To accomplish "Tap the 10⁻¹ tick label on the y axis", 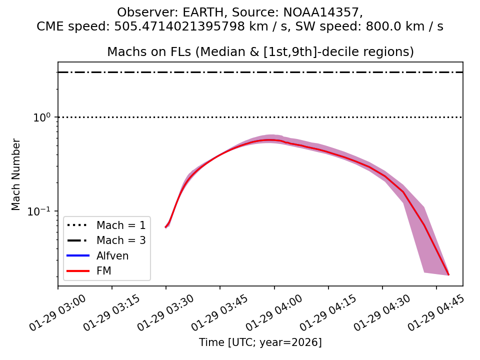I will pyautogui.click(x=42, y=210).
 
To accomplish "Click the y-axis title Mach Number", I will pyautogui.click(x=16, y=174).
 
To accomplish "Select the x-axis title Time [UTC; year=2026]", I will pyautogui.click(x=260, y=342).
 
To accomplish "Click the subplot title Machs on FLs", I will pyautogui.click(x=260, y=52).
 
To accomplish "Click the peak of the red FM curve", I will pyautogui.click(x=270, y=140).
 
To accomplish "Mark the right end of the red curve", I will pyautogui.click(x=448, y=274).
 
